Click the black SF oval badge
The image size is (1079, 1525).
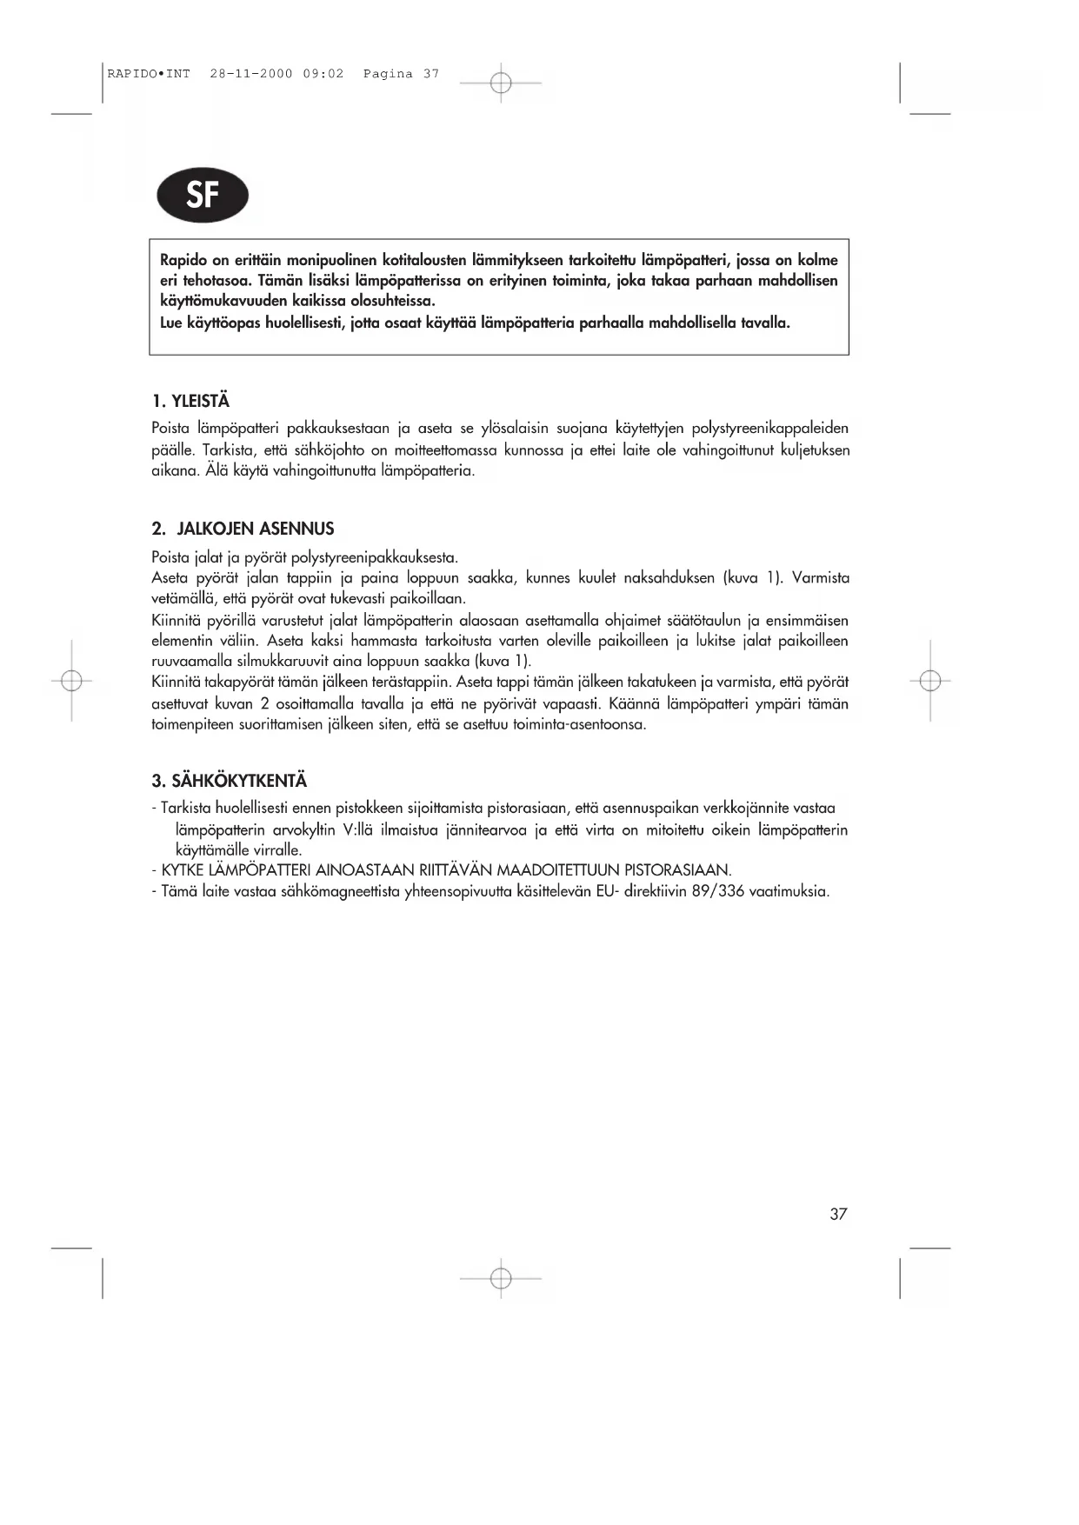(x=203, y=195)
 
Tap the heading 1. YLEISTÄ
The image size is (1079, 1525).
(x=190, y=401)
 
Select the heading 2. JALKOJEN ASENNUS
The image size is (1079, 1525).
(x=243, y=529)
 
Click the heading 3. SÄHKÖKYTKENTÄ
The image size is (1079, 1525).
(x=230, y=781)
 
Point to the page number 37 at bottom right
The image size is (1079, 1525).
(x=838, y=1215)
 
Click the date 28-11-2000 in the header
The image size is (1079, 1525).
(x=251, y=74)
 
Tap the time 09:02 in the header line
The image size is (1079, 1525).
(x=323, y=74)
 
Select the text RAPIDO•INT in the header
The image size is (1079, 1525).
(x=149, y=74)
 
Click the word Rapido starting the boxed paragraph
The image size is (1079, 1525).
(x=183, y=260)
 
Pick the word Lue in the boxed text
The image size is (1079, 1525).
(x=171, y=323)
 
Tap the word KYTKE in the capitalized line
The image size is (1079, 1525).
(x=183, y=870)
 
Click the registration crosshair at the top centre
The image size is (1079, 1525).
(x=501, y=83)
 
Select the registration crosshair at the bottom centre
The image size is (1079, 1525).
(x=501, y=1278)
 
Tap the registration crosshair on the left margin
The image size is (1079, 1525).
(x=72, y=681)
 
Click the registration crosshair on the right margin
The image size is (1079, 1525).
(x=930, y=681)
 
